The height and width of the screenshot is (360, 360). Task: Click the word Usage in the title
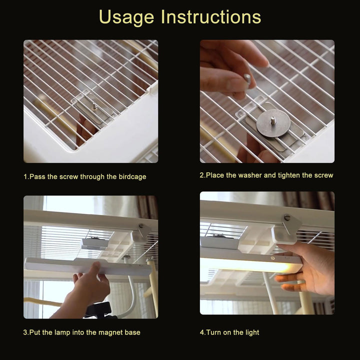[x=126, y=17]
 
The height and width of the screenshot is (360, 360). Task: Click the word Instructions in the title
[x=211, y=16]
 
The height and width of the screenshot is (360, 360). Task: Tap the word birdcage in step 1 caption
[x=132, y=177]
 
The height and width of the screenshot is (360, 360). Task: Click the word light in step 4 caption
[x=251, y=332]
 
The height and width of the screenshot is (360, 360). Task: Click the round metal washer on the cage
[x=273, y=123]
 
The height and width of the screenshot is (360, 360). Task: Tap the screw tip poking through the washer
[x=273, y=120]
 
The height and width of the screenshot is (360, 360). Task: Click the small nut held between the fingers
[x=247, y=78]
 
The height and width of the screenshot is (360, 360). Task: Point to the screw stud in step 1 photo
[x=94, y=106]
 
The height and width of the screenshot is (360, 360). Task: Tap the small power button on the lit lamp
[x=273, y=258]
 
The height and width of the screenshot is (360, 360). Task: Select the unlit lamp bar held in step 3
[x=87, y=267]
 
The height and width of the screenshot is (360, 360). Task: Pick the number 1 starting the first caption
[x=25, y=177]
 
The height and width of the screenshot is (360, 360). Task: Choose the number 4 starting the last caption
[x=202, y=332]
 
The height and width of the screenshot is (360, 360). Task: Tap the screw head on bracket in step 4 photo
[x=287, y=216]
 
